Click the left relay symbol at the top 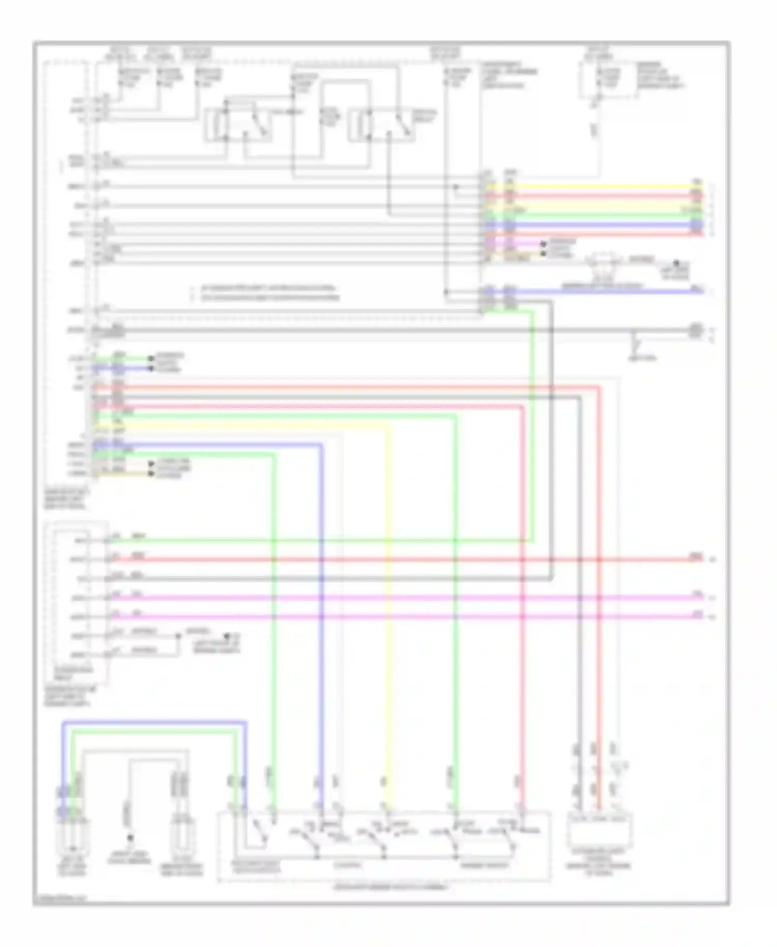coord(238,124)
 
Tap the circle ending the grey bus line coord(696,329)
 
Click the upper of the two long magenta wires coord(404,598)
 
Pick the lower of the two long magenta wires coord(404,617)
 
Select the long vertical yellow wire coord(388,622)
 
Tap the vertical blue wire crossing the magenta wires coord(321,606)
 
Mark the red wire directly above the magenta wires coord(404,559)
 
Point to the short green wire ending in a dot coord(124,358)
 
